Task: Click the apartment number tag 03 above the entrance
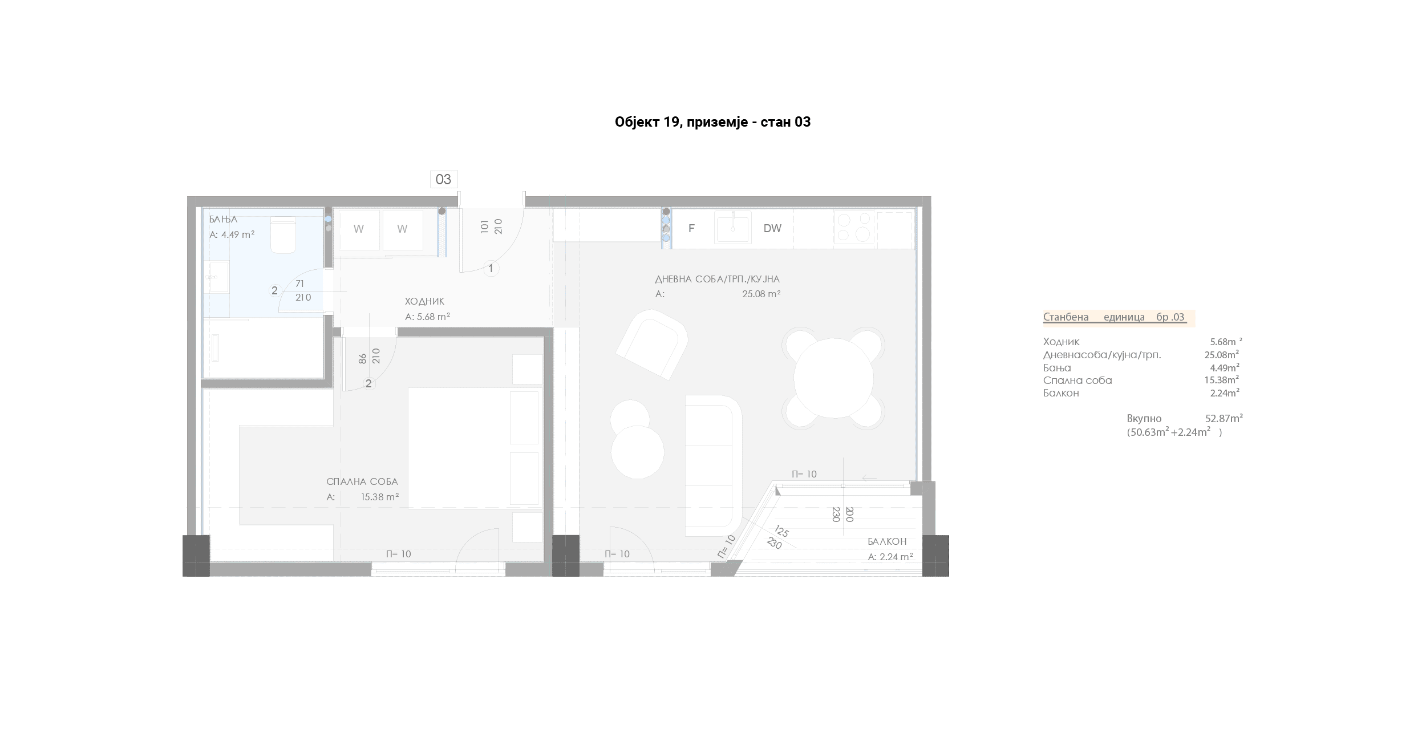[443, 179]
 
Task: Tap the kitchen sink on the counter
[732, 228]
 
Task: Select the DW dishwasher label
[772, 228]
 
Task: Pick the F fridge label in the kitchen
[691, 228]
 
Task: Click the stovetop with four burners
[854, 228]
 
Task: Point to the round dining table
[833, 378]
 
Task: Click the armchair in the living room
[651, 344]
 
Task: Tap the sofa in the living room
[713, 465]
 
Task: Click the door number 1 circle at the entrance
[491, 268]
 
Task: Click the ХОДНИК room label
[424, 301]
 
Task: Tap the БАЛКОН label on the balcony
[887, 541]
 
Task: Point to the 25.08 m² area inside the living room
[761, 294]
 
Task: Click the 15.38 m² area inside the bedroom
[380, 497]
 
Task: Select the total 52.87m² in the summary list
[1224, 418]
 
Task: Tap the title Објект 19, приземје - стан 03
[712, 122]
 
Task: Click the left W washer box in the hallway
[358, 229]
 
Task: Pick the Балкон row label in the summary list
[1061, 393]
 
